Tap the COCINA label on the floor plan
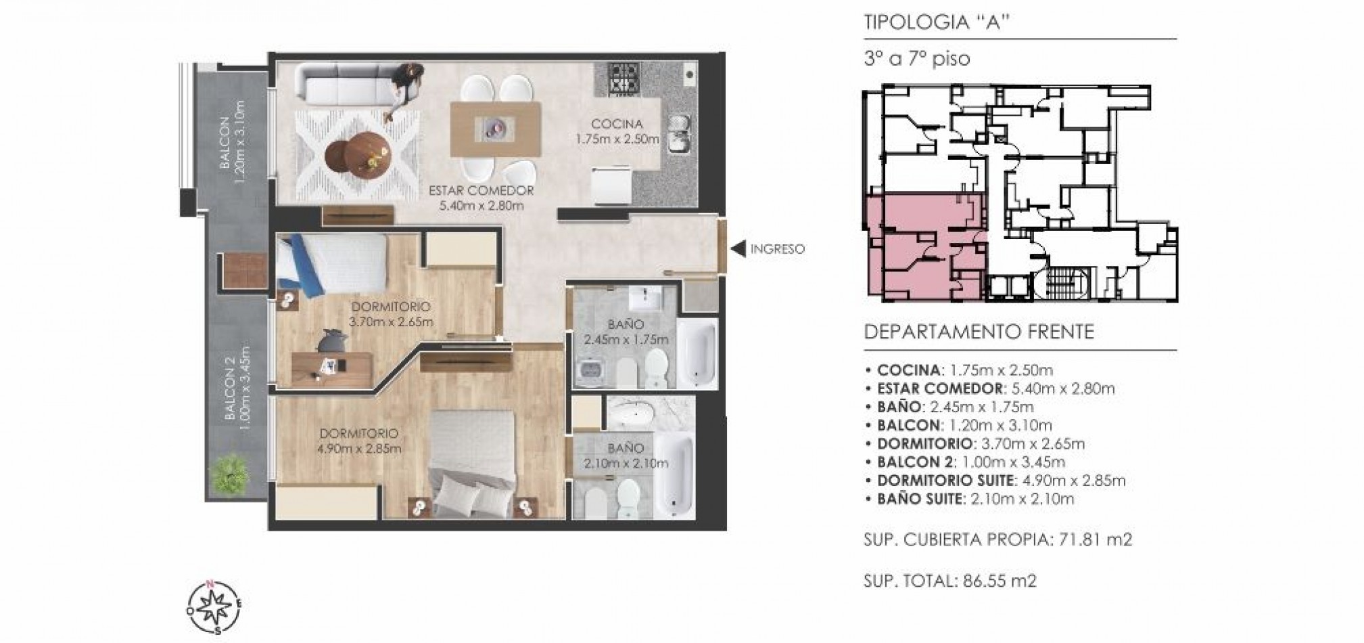(616, 125)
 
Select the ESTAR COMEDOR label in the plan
(481, 191)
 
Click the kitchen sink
(678, 132)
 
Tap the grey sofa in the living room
(347, 84)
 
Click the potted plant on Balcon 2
(229, 474)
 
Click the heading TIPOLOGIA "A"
(937, 22)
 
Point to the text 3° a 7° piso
(917, 59)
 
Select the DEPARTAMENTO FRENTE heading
(979, 332)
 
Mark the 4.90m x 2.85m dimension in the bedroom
(358, 448)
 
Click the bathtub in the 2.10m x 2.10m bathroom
(674, 476)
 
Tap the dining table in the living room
(496, 130)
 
